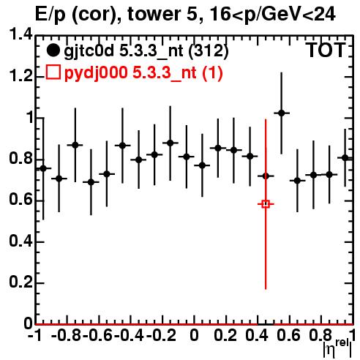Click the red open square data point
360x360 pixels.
tap(266, 204)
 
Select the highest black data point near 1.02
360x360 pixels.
tap(282, 113)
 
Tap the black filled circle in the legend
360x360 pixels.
tap(53, 50)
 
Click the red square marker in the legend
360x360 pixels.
tap(53, 72)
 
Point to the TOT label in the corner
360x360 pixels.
tap(326, 50)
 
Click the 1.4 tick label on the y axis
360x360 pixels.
tap(21, 35)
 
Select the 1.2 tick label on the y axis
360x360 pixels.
tap(21, 76)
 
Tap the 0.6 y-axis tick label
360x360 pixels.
tap(21, 200)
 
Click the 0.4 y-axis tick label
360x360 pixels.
tap(21, 241)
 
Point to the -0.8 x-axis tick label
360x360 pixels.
tap(66, 335)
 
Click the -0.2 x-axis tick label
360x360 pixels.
tap(161, 335)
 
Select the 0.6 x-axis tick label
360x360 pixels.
tap(288, 335)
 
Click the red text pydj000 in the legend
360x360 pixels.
tap(96, 73)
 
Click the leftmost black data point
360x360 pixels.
tap(43, 168)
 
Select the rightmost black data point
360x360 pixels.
tap(345, 158)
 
